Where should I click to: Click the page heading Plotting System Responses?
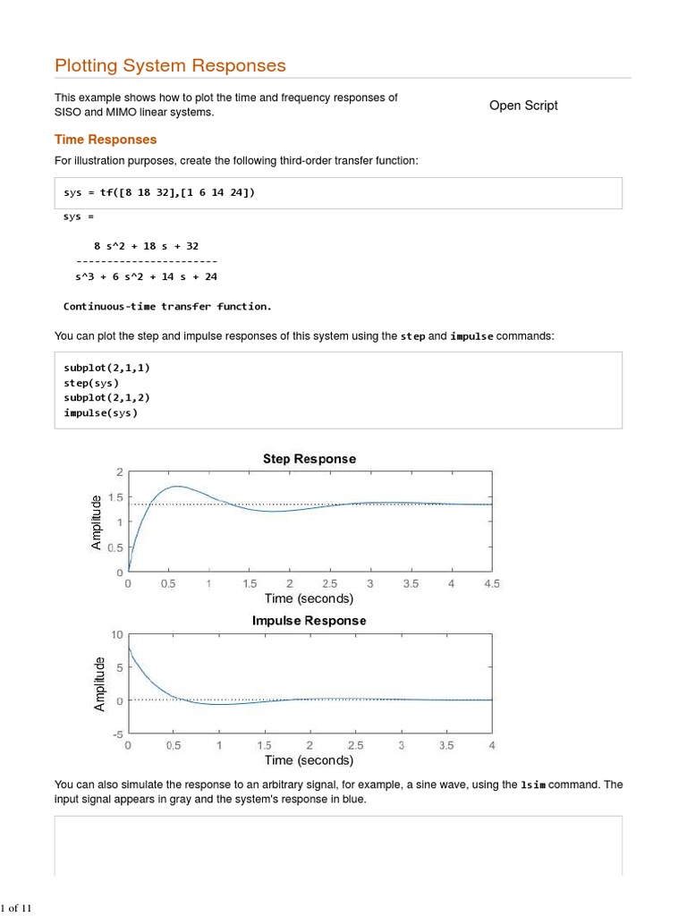point(170,65)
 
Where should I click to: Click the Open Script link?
point(523,106)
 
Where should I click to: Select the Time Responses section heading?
point(106,140)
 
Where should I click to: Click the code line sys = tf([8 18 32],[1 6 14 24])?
point(158,192)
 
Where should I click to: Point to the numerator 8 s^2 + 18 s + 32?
point(147,245)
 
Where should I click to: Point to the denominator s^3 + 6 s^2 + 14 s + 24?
point(146,276)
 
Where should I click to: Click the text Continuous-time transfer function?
point(167,306)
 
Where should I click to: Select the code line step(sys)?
point(91,383)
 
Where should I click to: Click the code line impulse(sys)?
point(100,413)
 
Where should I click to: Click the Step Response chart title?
point(309,459)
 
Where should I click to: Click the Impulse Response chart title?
point(309,621)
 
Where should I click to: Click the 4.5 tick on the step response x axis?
point(491,583)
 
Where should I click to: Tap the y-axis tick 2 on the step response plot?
point(120,472)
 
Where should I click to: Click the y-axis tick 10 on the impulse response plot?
point(117,634)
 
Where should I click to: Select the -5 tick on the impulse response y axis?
point(117,734)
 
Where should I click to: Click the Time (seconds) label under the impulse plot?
point(309,760)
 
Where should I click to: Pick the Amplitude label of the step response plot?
point(98,522)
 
